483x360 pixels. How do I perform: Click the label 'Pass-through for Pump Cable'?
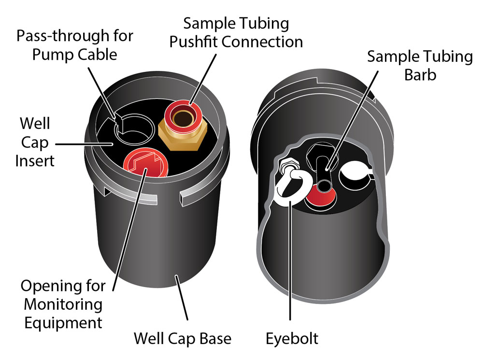[x=75, y=45]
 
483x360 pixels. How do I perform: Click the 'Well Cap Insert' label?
[x=35, y=142]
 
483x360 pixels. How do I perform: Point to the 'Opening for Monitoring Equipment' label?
[x=63, y=304]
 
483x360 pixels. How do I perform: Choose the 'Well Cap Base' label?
[x=182, y=338]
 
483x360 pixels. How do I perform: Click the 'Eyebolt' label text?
[x=292, y=338]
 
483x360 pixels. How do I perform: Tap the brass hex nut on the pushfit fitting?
[x=184, y=139]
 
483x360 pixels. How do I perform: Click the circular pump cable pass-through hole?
[x=136, y=128]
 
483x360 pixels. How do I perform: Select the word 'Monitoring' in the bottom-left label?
[x=63, y=305]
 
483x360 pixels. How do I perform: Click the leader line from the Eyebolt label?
[x=290, y=265]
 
